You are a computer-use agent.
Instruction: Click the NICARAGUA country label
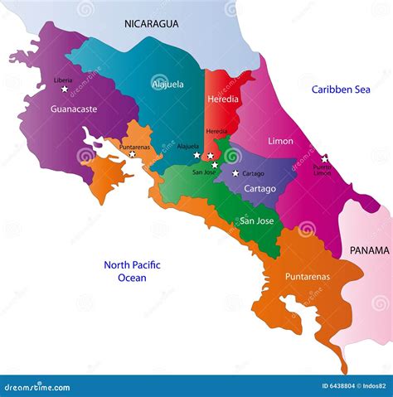point(152,24)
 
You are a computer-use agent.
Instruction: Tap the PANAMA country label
point(369,250)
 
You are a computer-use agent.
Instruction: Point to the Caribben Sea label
point(342,89)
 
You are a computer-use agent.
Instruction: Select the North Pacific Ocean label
point(132,271)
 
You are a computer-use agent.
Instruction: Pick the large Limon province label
point(280,142)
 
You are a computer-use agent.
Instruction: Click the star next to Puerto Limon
point(324,157)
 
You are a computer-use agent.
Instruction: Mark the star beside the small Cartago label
point(235,173)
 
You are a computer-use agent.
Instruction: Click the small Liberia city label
point(63,80)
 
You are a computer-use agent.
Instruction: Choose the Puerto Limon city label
point(323,169)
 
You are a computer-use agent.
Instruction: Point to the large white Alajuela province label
point(168,84)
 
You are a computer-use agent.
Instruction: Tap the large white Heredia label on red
point(223,99)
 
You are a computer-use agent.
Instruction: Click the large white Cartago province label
point(260,189)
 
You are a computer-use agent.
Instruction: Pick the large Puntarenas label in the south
point(307,277)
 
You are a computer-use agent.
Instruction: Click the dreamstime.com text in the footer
point(37,387)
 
